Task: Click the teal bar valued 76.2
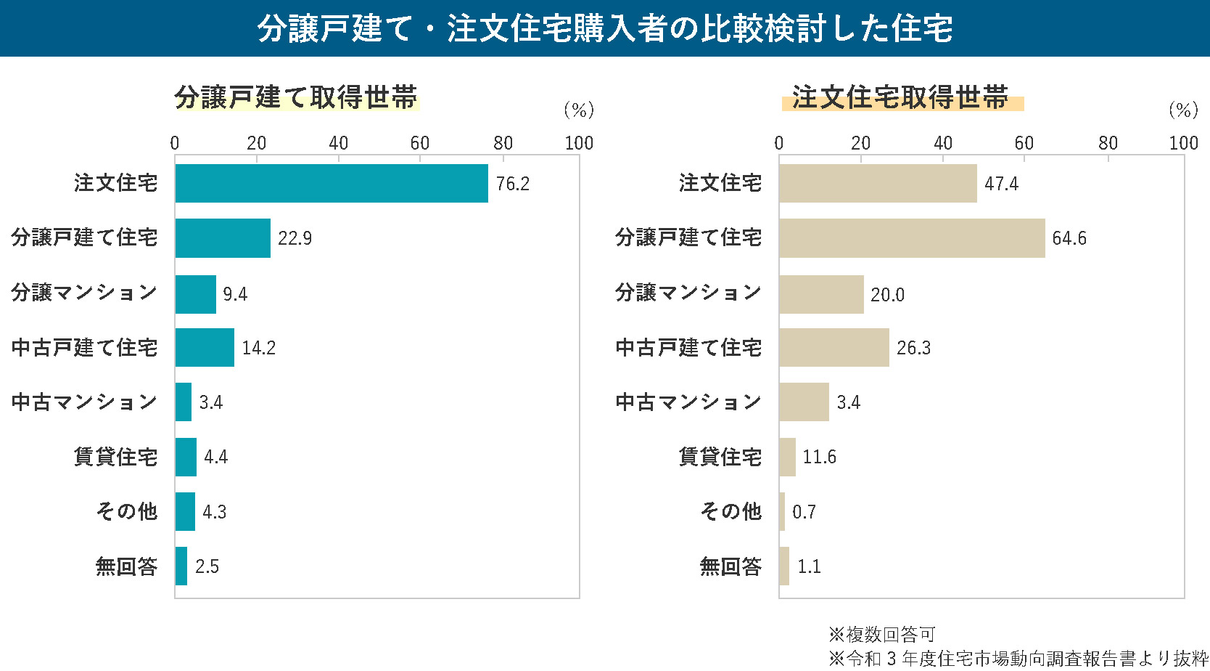(x=332, y=183)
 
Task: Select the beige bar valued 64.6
(x=912, y=238)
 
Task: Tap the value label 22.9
(x=295, y=238)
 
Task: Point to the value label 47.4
(x=1001, y=184)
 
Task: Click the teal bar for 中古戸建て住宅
(x=205, y=348)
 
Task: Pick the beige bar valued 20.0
(x=821, y=294)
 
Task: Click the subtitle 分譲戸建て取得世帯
(x=296, y=97)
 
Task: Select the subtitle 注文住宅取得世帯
(x=900, y=97)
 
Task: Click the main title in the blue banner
(x=605, y=28)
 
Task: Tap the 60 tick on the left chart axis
(x=420, y=143)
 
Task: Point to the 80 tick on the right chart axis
(x=1108, y=143)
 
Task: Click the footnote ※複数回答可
(x=881, y=635)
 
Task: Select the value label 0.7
(x=804, y=512)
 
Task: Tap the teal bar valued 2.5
(x=181, y=566)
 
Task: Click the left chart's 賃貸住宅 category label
(x=115, y=457)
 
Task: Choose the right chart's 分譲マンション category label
(x=688, y=293)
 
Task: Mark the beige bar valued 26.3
(x=834, y=348)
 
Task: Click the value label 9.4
(x=235, y=294)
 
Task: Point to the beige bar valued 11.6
(x=787, y=457)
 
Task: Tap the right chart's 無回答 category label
(x=730, y=566)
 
